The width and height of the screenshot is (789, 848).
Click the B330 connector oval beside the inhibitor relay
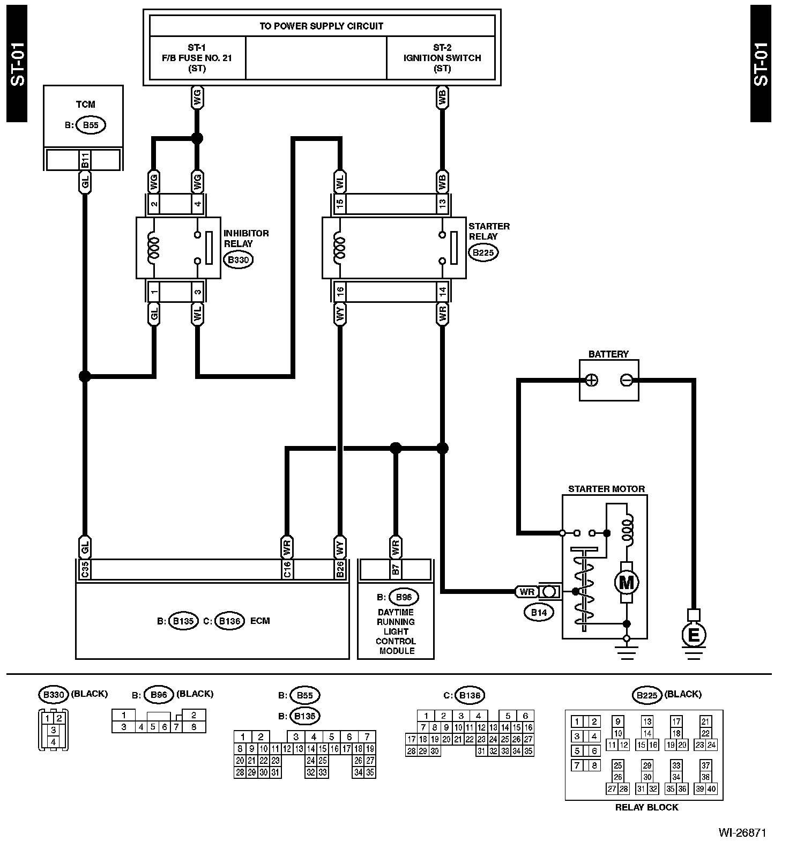pos(237,260)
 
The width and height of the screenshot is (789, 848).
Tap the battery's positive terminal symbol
pos(592,380)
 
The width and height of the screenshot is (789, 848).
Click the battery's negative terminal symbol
pos(626,380)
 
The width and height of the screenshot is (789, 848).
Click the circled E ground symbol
pos(693,635)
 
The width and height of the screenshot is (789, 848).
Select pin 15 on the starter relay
pos(339,204)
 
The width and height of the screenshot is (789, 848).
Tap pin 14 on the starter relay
pos(442,292)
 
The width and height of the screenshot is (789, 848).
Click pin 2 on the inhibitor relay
pos(154,204)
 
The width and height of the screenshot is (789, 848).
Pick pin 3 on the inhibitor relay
pos(197,292)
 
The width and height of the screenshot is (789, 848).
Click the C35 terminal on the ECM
pos(84,569)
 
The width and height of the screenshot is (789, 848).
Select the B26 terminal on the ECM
pos(339,569)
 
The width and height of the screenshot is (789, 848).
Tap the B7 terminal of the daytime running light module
pos(396,569)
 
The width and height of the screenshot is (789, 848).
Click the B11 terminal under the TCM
pos(84,160)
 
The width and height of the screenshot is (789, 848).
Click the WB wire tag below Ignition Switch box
pos(442,98)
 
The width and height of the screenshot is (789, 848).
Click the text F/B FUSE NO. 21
pos(197,58)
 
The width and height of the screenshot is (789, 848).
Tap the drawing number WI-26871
pos(742,832)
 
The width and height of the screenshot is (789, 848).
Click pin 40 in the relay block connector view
pos(712,789)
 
